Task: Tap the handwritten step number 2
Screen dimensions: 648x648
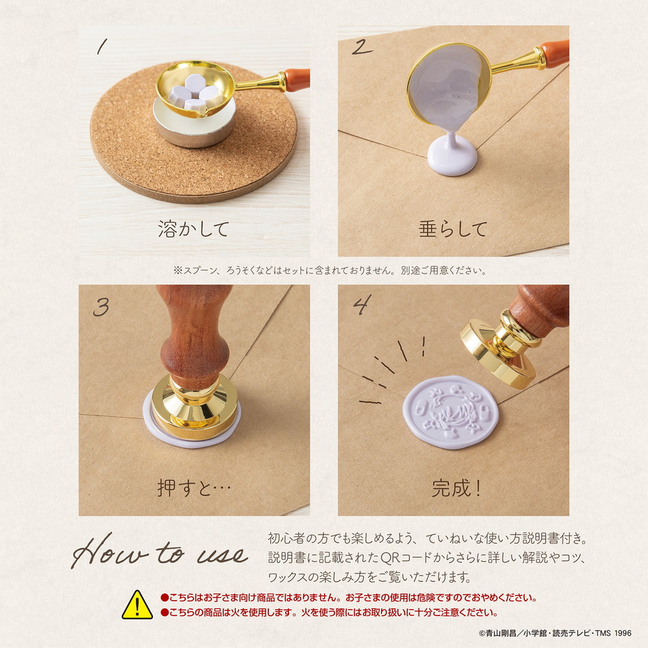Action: [x=362, y=47]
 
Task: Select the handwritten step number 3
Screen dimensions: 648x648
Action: [x=101, y=307]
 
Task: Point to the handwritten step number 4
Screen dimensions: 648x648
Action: [x=362, y=305]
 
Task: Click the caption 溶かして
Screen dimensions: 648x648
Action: [x=193, y=229]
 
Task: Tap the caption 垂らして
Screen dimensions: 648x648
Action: [x=453, y=229]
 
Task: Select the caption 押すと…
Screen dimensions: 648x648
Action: [x=194, y=488]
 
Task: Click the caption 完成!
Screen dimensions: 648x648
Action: [x=456, y=488]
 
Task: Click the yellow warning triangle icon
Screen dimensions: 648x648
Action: [x=137, y=605]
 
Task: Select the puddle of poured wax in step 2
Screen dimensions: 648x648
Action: [x=452, y=157]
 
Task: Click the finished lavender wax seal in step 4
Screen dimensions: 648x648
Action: [x=451, y=412]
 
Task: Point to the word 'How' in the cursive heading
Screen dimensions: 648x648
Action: [x=110, y=551]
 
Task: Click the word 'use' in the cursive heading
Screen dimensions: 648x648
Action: [x=223, y=555]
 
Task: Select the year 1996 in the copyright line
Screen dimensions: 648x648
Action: [x=623, y=633]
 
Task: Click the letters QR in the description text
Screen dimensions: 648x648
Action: [x=391, y=557]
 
